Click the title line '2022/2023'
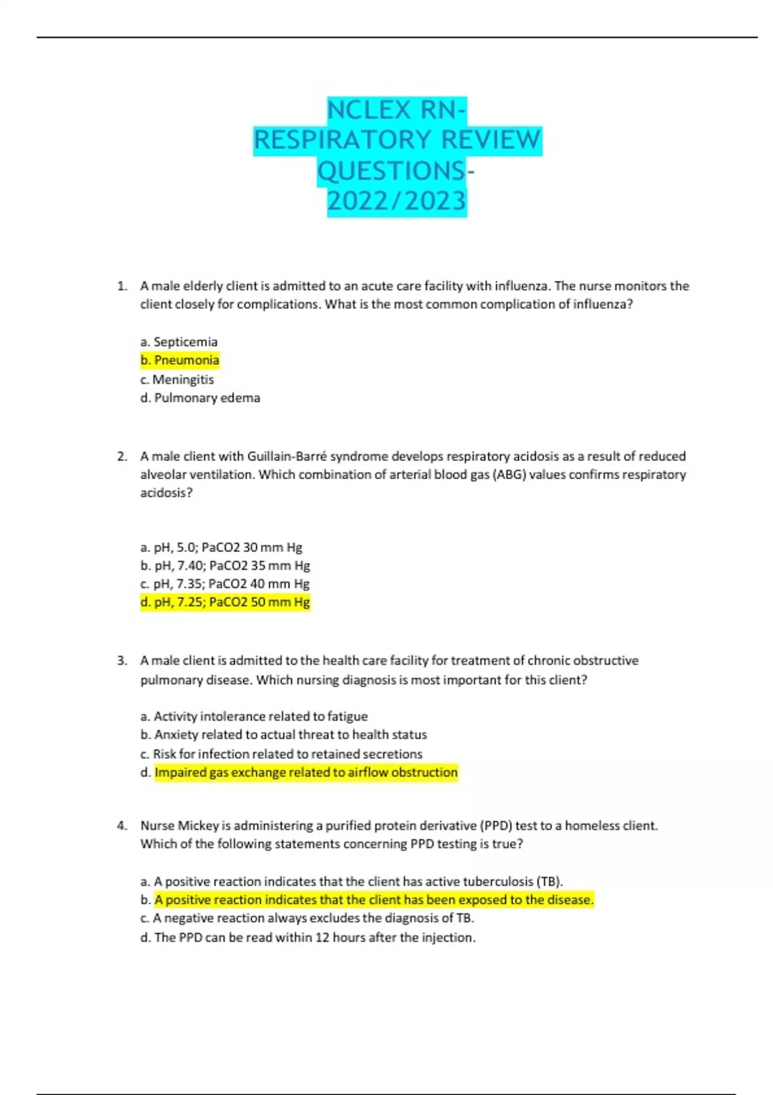tap(397, 202)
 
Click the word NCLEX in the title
tap(368, 110)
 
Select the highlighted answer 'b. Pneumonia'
tap(180, 360)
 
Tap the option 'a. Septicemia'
tap(178, 341)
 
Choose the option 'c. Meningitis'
tap(177, 379)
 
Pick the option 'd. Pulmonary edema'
tap(200, 398)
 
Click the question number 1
tap(122, 286)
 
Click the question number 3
tap(122, 661)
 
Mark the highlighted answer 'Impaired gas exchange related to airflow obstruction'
tap(306, 772)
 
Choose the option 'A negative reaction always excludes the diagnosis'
tap(307, 918)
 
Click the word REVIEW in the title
tap(491, 140)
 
